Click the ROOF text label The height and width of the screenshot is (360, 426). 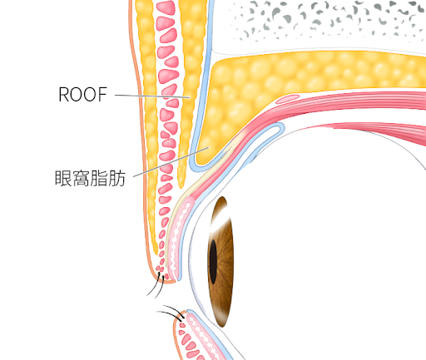[82, 95]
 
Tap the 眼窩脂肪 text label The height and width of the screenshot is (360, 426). [90, 178]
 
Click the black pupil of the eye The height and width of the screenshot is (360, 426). [213, 262]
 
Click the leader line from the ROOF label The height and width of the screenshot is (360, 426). [152, 96]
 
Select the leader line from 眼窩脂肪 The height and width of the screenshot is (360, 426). [171, 162]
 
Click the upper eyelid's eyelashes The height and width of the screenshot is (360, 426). [156, 285]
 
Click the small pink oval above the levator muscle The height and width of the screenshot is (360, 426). [287, 99]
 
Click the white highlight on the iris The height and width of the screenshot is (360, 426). [220, 219]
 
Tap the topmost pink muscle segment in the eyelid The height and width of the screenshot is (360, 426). [166, 7]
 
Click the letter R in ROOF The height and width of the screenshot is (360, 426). [63, 95]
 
